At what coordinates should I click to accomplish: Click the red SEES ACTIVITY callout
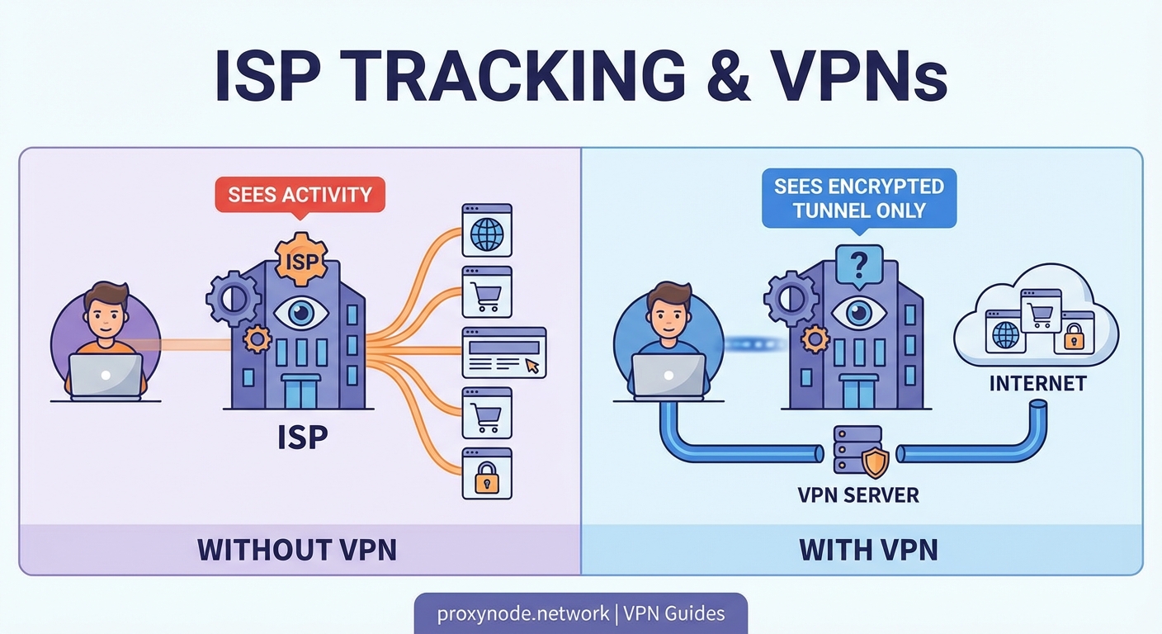tap(300, 196)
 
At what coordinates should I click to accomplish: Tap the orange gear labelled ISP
tap(300, 258)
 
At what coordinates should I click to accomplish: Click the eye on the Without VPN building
tap(301, 314)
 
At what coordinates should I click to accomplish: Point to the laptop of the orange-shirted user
tap(106, 376)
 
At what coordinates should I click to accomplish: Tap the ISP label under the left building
tap(302, 437)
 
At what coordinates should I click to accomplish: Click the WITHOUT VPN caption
tap(297, 550)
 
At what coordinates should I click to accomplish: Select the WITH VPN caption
tap(869, 550)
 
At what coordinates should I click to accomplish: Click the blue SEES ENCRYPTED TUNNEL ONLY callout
tap(859, 197)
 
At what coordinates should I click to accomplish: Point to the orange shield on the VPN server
tap(875, 462)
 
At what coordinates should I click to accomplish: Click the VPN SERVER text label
tap(858, 495)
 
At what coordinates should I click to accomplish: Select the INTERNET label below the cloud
tap(1037, 383)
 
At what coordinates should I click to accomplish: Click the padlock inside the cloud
tap(1073, 335)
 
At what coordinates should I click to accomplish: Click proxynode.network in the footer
tap(516, 613)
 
